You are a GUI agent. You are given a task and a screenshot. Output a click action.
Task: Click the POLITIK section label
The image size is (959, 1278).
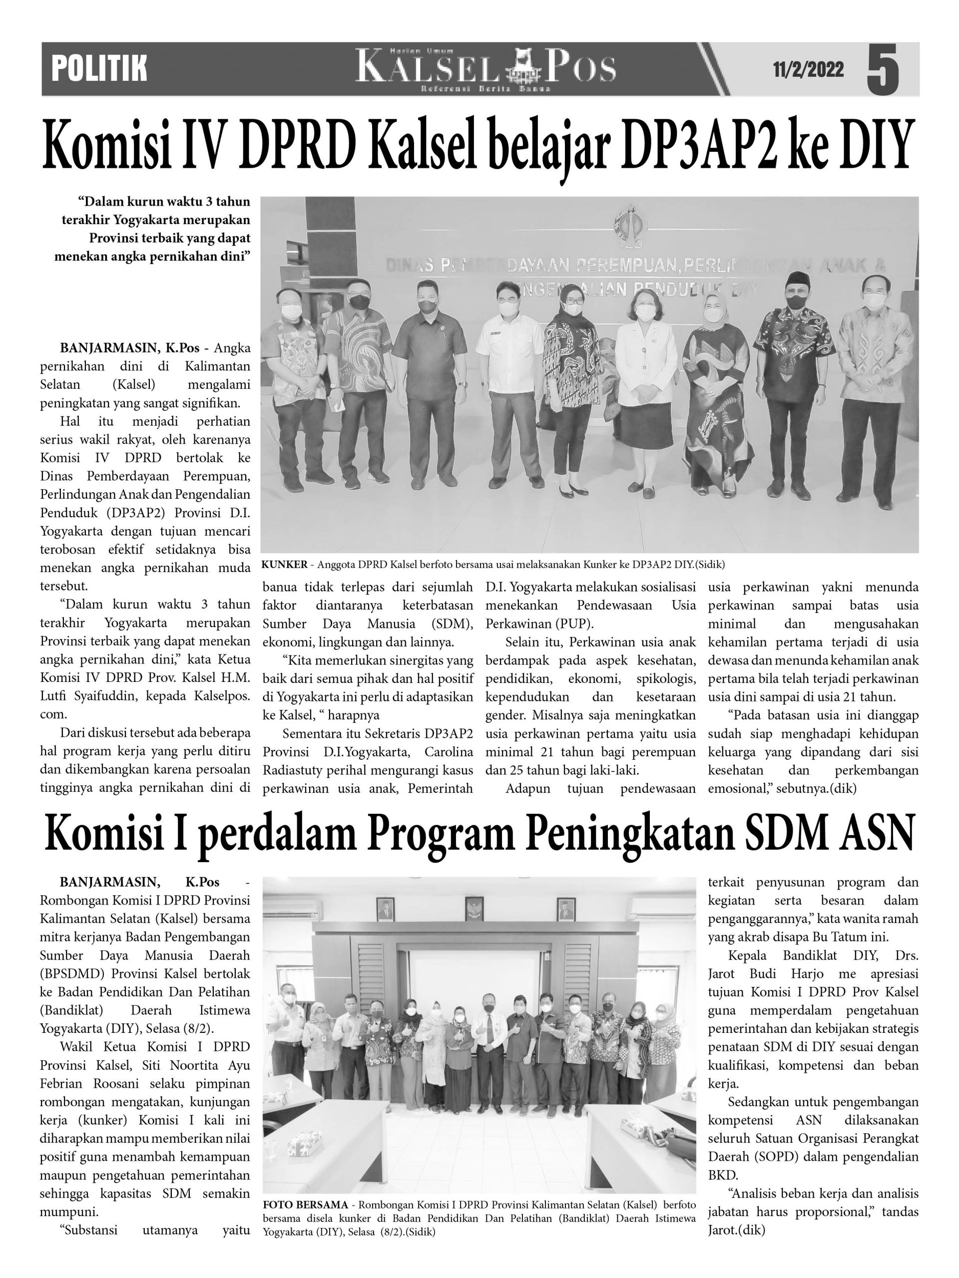pyautogui.click(x=99, y=69)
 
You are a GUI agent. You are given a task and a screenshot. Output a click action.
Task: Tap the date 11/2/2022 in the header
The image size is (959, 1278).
pyautogui.click(x=808, y=70)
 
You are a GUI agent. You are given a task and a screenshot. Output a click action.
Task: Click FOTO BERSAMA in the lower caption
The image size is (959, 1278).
pyautogui.click(x=305, y=1205)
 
